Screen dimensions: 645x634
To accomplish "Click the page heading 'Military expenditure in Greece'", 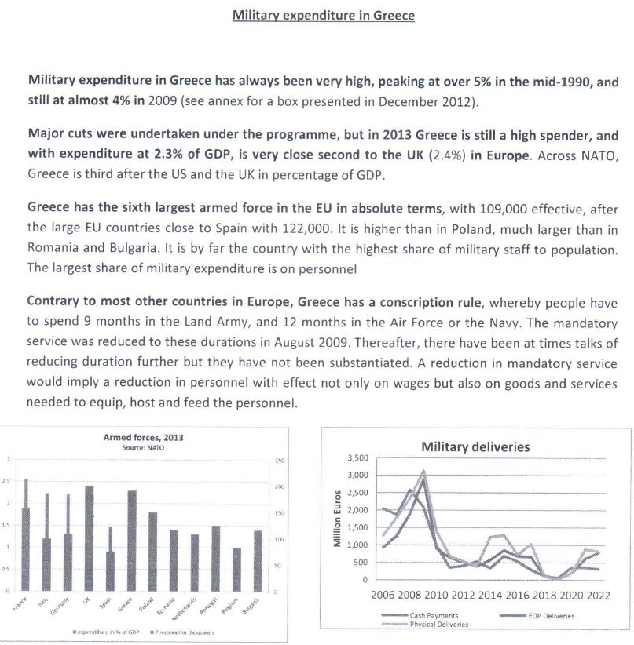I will coord(323,16).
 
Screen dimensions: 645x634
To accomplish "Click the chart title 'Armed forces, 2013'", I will coord(143,437).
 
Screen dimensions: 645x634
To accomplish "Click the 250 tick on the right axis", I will coord(278,460).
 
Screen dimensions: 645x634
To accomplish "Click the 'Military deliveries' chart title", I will coord(475,446).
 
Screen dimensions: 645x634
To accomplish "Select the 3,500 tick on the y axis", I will coord(357,457).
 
